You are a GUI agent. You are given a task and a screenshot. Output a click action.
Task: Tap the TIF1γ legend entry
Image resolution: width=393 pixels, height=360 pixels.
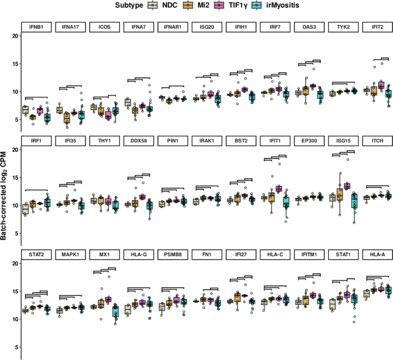tap(238, 5)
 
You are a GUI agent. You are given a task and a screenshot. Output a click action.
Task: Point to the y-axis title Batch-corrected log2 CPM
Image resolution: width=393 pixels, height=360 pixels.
tap(5, 190)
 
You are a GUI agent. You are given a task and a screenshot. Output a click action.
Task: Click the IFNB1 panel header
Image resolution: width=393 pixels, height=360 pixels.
tap(34, 26)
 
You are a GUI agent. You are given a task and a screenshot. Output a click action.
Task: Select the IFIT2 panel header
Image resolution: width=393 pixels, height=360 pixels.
tap(376, 26)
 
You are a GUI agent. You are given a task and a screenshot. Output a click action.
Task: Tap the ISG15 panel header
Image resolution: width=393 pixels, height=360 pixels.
tap(342, 140)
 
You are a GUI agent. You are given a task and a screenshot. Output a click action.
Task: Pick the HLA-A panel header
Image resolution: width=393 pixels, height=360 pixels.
tap(376, 253)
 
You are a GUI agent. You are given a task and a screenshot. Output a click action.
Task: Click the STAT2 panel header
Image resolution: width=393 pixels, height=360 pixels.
tap(34, 253)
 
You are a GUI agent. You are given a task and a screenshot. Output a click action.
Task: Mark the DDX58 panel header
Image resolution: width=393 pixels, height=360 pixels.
tap(137, 140)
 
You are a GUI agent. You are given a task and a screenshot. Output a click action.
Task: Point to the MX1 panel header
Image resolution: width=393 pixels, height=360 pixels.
tap(103, 253)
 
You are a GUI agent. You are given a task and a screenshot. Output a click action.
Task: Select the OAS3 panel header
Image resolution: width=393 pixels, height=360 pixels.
tap(308, 26)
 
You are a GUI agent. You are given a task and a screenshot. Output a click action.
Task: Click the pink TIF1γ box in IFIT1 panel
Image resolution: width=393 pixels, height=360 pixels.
tap(278, 189)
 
